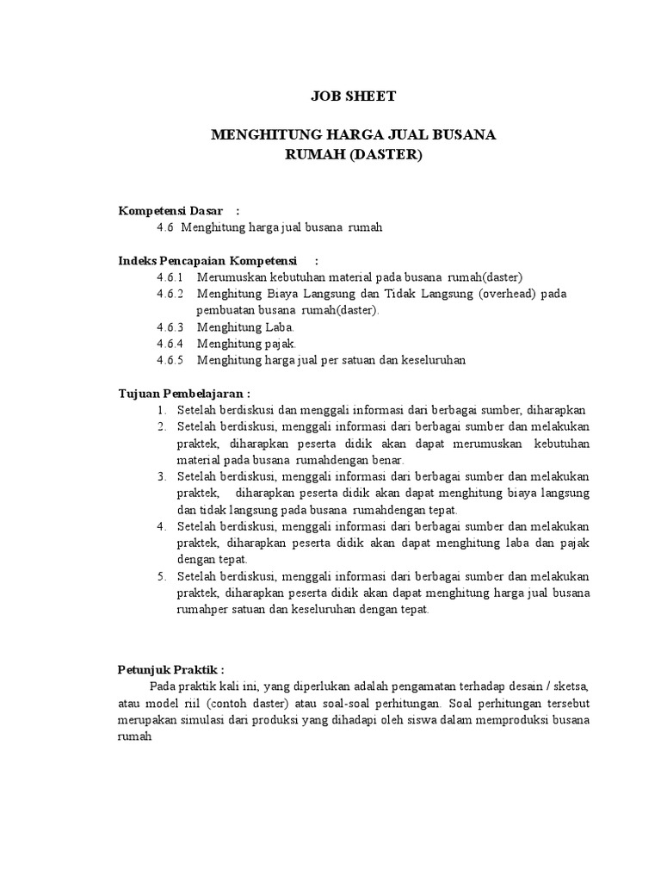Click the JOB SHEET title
[353, 96]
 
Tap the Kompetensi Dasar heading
[170, 211]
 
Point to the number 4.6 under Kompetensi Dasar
[165, 227]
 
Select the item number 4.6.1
[170, 276]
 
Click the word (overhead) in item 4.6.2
[508, 294]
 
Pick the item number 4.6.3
[170, 327]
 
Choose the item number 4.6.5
[170, 360]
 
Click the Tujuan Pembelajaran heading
[183, 394]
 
